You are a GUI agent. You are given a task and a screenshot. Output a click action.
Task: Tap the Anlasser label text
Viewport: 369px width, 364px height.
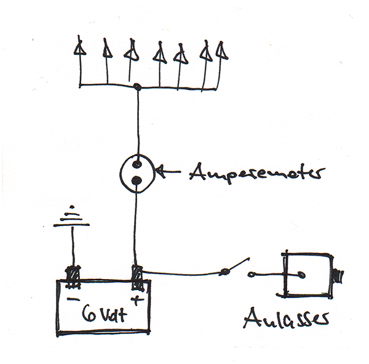pyautogui.click(x=285, y=319)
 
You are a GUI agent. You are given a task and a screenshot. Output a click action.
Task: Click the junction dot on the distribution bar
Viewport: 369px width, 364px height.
pyautogui.click(x=137, y=87)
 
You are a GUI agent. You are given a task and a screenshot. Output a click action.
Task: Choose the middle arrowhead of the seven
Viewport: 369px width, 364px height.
pyautogui.click(x=159, y=54)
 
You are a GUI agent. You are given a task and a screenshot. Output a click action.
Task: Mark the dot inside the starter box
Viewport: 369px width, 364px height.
pyautogui.click(x=301, y=274)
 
